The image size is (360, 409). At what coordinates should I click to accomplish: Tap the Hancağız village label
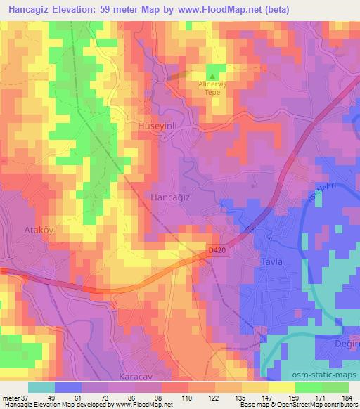[x=169, y=198]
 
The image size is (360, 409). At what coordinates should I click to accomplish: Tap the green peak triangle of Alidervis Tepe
[x=213, y=77]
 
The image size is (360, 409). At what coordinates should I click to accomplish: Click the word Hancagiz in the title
[x=31, y=8]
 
